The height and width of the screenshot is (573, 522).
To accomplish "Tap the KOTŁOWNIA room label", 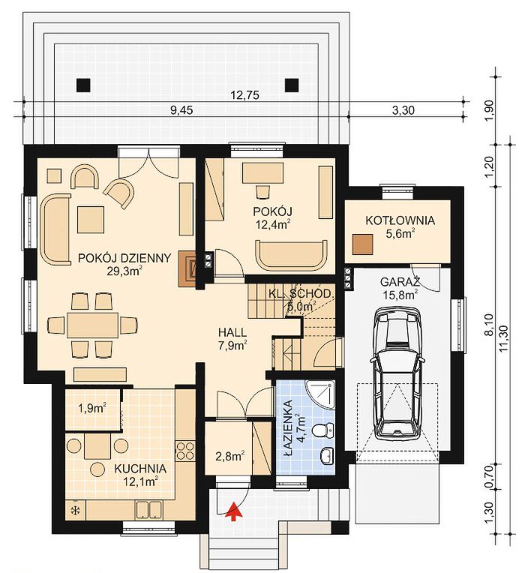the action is pos(400,220).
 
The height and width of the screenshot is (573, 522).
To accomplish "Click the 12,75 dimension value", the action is pos(245,95).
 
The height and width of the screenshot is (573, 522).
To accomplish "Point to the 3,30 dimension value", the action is pos(403,110).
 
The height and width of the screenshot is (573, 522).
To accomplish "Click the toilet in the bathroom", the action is pos(324,430).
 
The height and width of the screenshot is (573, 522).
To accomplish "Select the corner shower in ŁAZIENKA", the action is pos(320,395).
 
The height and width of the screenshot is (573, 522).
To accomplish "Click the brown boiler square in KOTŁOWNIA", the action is pos(362,244).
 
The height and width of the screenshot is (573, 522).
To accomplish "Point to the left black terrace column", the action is pos(83,85).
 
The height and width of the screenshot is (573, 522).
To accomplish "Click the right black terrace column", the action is pos(292,85).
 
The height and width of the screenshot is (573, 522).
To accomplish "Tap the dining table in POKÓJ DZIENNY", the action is pos(93,325).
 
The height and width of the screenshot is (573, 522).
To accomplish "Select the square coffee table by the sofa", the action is pos(91,220).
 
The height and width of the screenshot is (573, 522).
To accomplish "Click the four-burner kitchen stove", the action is pos(185,451).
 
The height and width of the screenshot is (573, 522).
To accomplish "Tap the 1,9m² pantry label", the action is pos(92,408).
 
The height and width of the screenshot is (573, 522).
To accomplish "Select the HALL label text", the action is pos(232,332).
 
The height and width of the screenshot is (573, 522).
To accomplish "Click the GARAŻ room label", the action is pos(400,282).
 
